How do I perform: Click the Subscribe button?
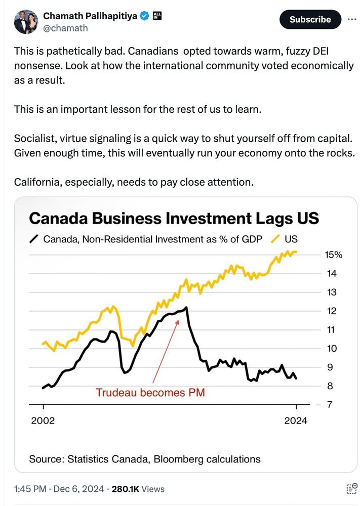(x=310, y=20)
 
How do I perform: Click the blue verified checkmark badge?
(x=144, y=16)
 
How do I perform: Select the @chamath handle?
(x=65, y=28)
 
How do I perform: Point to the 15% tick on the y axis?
(x=333, y=255)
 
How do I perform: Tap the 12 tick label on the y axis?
(x=332, y=311)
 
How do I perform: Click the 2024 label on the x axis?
(x=295, y=420)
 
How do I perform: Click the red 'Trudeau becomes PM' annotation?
(x=150, y=392)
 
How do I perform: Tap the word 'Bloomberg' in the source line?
(x=177, y=459)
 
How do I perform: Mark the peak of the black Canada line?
(x=187, y=307)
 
